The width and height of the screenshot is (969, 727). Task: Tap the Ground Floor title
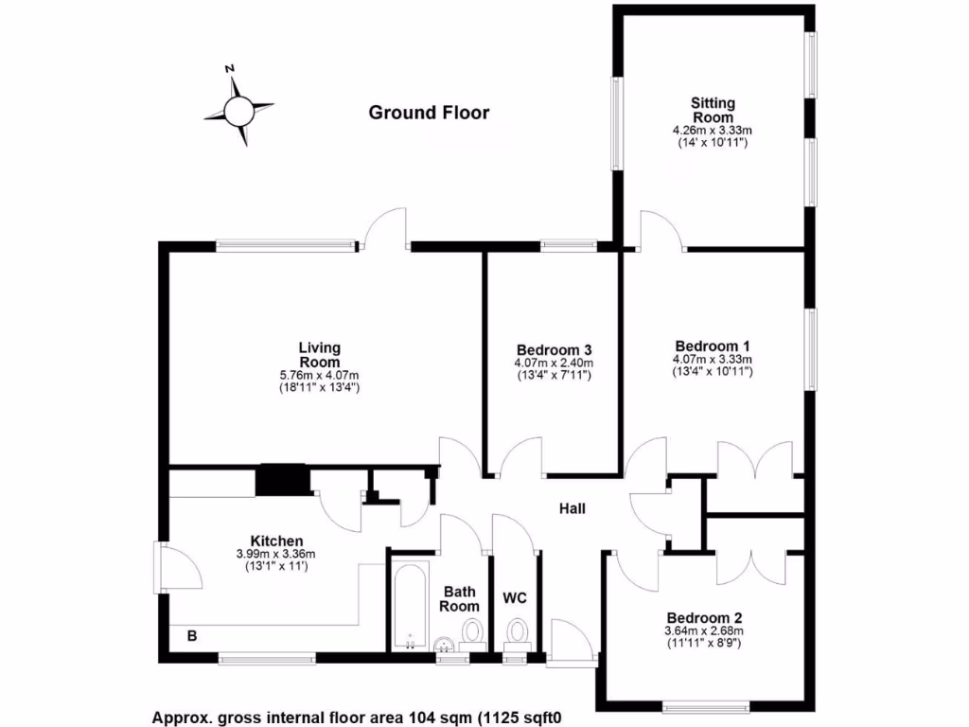[429, 114]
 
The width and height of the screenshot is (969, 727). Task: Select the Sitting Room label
[713, 110]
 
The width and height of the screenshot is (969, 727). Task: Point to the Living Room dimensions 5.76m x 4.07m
[320, 375]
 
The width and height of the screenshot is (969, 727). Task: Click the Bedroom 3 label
[555, 347]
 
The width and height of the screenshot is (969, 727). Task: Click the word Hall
[573, 509]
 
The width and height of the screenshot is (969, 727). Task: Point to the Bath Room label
[460, 598]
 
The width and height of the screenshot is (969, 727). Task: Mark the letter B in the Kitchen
[192, 635]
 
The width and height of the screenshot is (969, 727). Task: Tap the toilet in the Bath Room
[471, 632]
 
